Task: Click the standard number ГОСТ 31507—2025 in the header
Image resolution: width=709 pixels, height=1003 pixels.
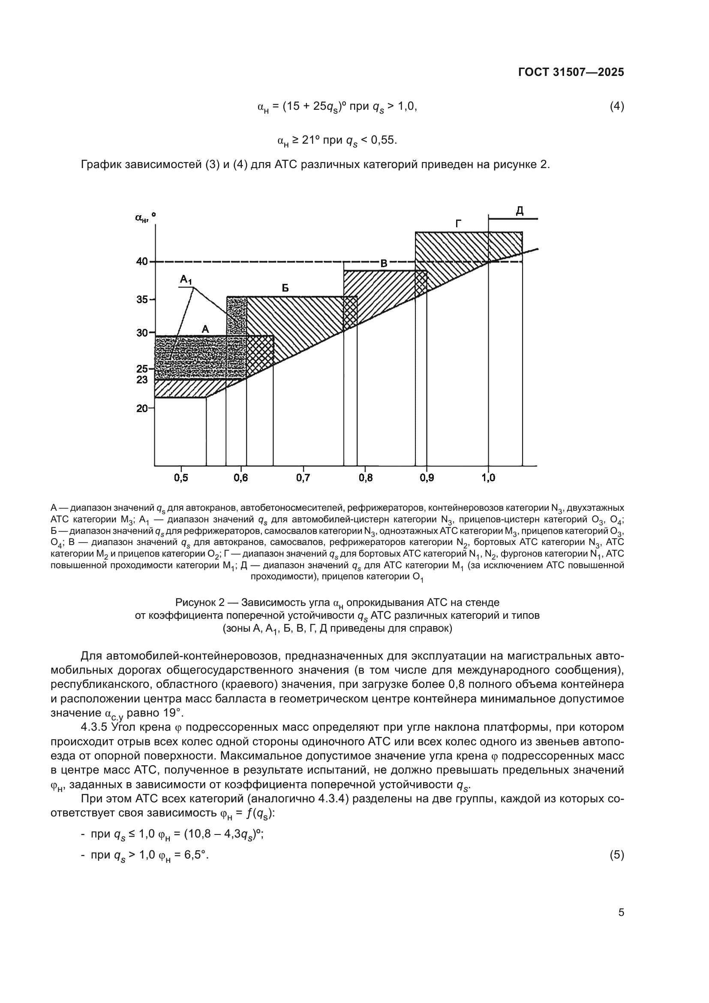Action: (571, 72)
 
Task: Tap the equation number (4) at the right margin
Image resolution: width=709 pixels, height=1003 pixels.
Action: (616, 106)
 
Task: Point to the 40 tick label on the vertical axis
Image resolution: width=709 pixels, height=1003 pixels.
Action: (142, 262)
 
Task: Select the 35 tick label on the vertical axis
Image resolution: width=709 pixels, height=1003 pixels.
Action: (142, 300)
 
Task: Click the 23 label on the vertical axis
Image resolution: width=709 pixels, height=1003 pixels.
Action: (142, 380)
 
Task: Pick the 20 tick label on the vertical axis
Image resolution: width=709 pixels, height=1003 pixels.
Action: (142, 409)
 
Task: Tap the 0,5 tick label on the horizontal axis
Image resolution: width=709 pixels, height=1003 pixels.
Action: (181, 478)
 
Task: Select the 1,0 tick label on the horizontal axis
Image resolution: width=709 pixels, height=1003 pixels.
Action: (488, 478)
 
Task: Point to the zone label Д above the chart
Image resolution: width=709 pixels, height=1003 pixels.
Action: (520, 211)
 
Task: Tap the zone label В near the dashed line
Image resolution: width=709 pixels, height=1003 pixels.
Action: (384, 263)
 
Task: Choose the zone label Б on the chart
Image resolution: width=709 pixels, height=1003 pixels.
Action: (285, 288)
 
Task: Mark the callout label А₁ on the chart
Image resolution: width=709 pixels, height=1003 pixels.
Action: (186, 280)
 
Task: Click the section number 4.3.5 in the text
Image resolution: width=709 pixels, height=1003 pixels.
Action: (96, 727)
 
